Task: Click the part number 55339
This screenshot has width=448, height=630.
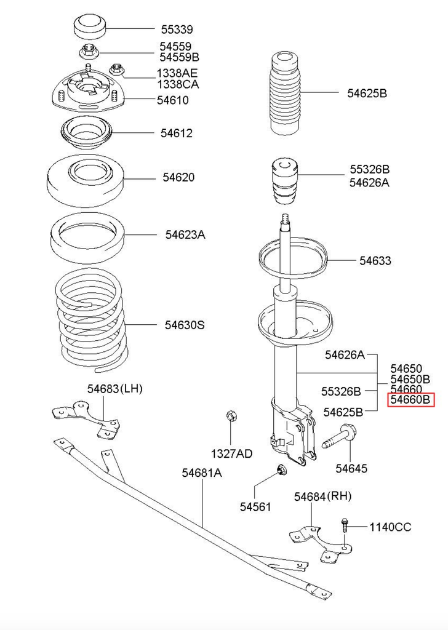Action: coord(177,29)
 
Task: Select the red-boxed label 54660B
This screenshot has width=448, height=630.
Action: coord(410,401)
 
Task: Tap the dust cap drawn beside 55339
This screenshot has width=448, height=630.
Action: coord(90,28)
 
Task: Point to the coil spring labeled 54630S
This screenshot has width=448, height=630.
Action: coord(92,323)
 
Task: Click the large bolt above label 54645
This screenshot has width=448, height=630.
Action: coord(337,437)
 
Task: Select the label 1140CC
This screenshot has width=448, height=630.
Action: coord(390,527)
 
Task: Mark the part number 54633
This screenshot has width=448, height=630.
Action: coord(375,261)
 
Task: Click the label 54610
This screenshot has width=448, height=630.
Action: coord(172,100)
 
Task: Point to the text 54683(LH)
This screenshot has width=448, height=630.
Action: coord(114,388)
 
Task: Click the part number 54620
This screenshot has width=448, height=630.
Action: coord(178,177)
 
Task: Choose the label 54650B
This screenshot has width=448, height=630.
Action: coord(410,379)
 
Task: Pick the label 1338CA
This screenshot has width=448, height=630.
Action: coord(178,84)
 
